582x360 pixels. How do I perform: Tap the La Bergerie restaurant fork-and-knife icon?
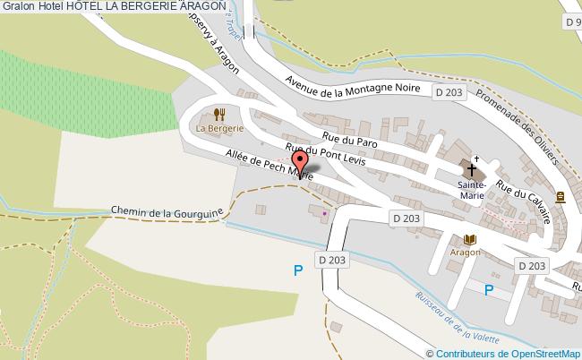pos(219,114)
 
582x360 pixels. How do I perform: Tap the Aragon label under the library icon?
pos(466,253)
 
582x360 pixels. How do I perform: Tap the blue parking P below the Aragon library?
pos(489,289)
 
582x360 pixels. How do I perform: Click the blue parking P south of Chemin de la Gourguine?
pos(298,270)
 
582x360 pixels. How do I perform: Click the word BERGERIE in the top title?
pos(144,6)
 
